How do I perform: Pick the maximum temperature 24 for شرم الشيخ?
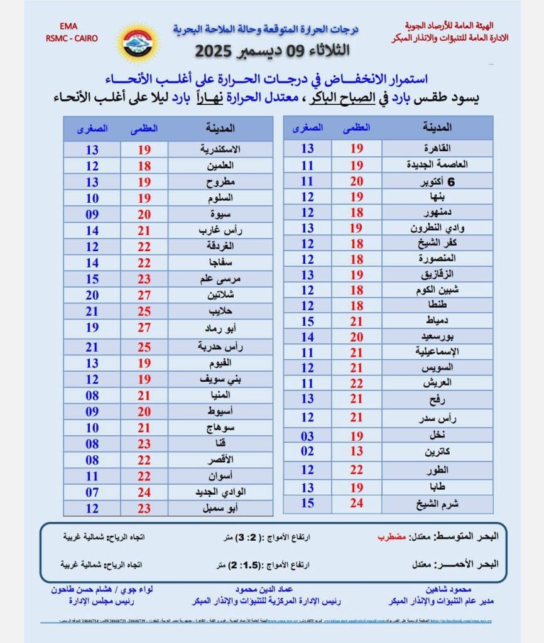[x=356, y=503]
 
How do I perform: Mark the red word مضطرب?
[x=391, y=538]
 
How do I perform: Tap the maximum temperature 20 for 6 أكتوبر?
[x=356, y=181]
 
